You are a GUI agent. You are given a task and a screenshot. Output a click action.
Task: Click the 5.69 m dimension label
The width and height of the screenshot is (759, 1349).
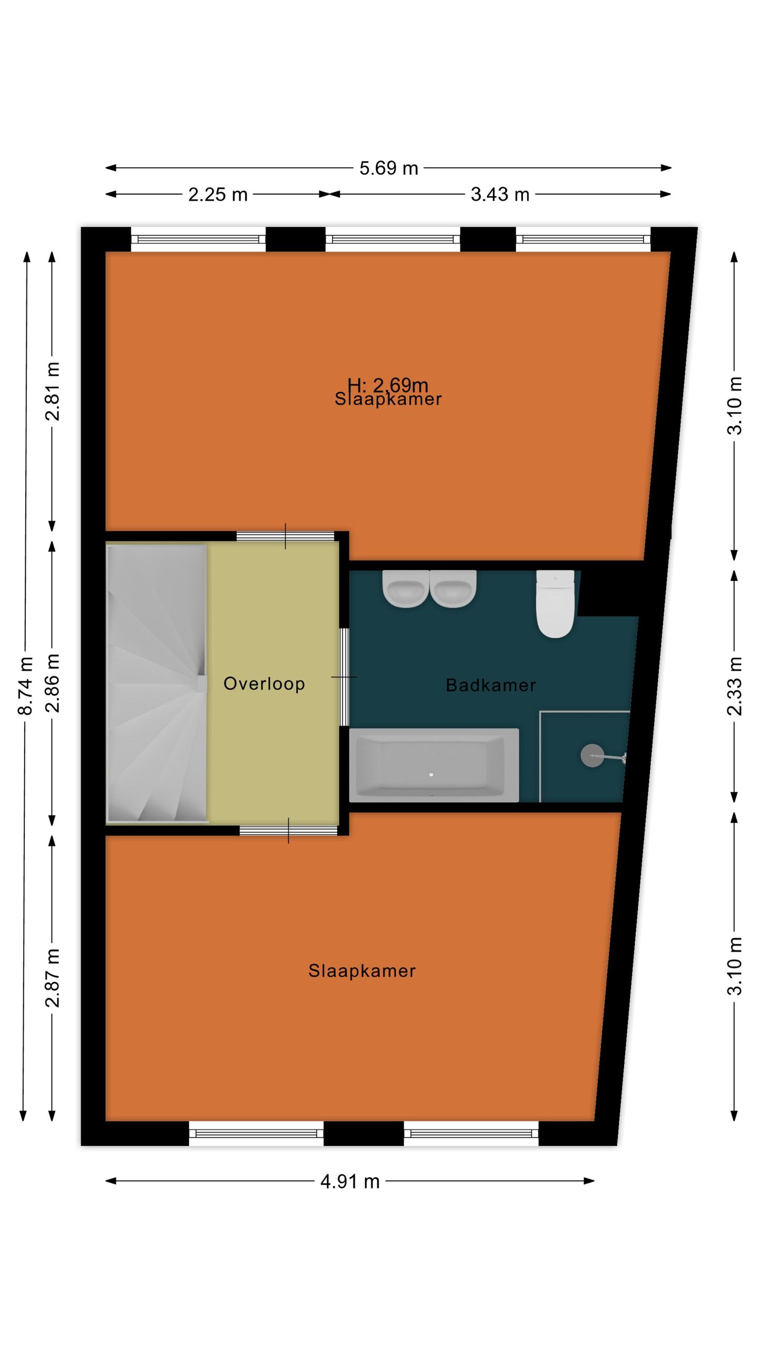pos(388,168)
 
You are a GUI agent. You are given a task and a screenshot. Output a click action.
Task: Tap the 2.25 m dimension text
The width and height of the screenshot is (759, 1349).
pos(218,194)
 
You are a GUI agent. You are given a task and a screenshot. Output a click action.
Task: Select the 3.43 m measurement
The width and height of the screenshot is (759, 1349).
pos(500,194)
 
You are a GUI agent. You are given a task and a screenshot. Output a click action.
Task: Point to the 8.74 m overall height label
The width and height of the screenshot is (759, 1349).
pos(25,686)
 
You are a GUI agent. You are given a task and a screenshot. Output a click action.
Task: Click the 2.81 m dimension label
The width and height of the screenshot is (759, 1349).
pos(52,391)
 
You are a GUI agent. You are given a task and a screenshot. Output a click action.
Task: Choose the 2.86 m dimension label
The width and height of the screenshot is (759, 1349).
pos(52,683)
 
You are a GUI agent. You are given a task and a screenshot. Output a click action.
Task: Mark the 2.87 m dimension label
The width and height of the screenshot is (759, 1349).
pos(52,977)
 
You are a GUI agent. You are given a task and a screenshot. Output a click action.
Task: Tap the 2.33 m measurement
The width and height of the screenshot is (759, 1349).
pos(734,686)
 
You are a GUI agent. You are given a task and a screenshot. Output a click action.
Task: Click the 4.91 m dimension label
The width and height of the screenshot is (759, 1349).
pos(350,1181)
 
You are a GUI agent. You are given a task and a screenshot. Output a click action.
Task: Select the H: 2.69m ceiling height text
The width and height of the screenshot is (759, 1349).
pos(387,385)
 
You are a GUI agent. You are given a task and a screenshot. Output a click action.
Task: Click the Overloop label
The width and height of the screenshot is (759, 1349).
pos(264,683)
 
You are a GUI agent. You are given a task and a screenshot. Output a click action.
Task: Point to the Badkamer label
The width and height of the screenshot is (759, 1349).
pos(491,685)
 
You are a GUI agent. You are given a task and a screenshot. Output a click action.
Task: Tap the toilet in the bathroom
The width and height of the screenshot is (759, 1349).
pos(555,604)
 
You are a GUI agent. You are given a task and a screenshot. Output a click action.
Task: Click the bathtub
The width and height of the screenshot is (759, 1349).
pos(434,765)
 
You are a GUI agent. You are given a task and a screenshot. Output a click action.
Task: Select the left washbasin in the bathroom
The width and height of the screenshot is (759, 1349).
pos(405,589)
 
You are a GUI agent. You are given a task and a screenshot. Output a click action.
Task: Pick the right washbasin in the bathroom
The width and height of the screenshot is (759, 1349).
pos(453,589)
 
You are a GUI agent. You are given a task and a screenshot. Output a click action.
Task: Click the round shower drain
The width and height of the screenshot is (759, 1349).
pos(592,756)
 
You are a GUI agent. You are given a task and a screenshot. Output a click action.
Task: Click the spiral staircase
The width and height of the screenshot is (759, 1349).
pos(157,683)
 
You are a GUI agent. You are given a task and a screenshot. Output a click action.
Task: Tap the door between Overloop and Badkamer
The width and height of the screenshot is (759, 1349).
pos(344,677)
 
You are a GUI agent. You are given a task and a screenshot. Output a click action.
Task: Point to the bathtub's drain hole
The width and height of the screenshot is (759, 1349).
pos(431,774)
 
